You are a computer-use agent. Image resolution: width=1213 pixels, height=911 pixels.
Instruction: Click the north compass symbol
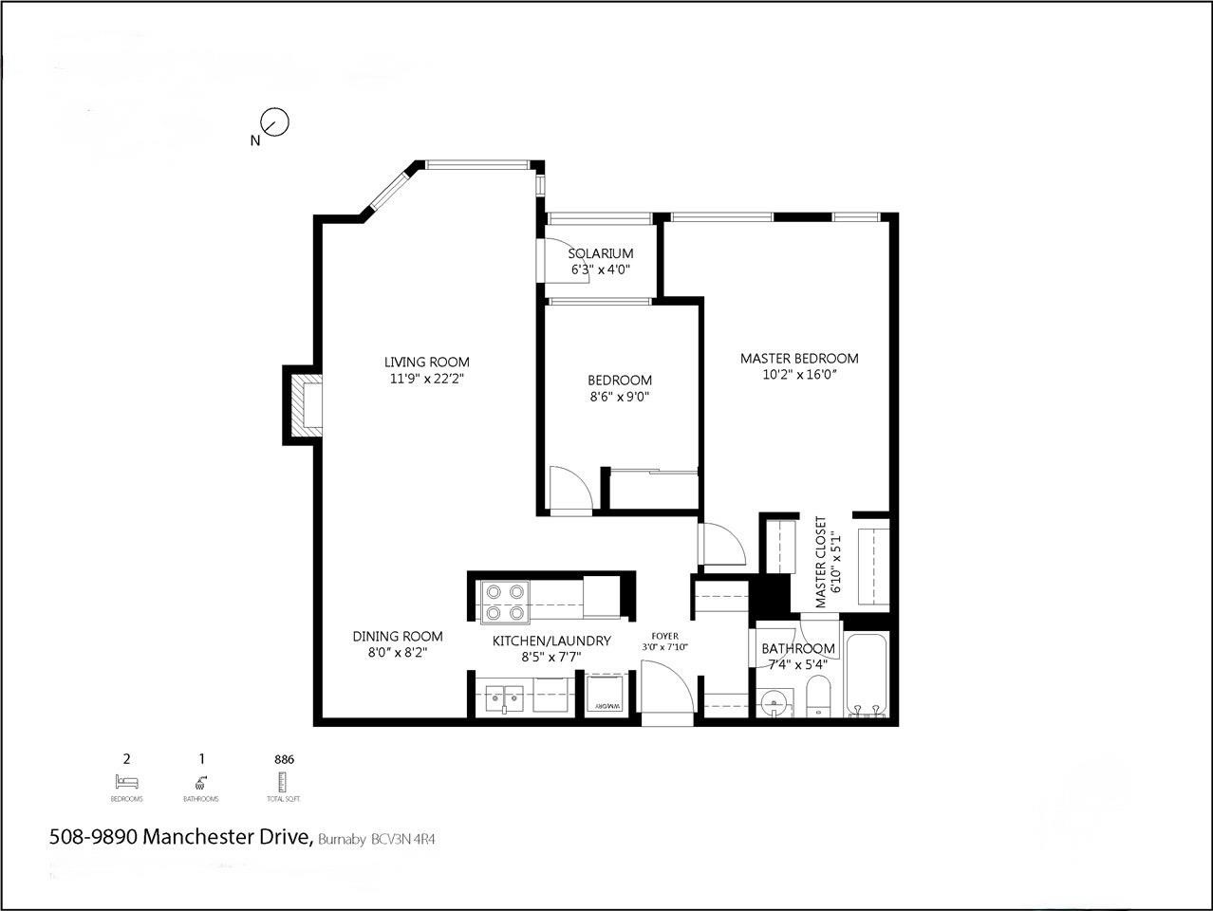pyautogui.click(x=273, y=122)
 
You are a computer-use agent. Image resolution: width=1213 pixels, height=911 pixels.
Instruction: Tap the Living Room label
pyautogui.click(x=426, y=362)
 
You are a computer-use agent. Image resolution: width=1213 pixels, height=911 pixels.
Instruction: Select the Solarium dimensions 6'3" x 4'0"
pyautogui.click(x=601, y=270)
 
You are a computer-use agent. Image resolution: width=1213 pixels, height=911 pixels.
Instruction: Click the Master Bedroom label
pyautogui.click(x=798, y=358)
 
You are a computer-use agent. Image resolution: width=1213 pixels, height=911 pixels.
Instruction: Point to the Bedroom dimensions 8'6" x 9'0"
pyautogui.click(x=619, y=397)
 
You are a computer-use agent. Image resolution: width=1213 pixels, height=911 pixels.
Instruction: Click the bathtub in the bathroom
pyautogui.click(x=867, y=676)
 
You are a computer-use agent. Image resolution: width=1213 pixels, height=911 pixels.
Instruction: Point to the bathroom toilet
pyautogui.click(x=818, y=700)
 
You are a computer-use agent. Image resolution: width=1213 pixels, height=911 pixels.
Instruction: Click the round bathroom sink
pyautogui.click(x=775, y=704)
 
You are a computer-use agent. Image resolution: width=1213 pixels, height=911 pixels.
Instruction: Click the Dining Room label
pyautogui.click(x=397, y=636)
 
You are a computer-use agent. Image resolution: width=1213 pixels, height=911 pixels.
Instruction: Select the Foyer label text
pyautogui.click(x=664, y=636)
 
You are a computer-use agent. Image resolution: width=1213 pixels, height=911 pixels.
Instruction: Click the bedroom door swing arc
pyautogui.click(x=573, y=489)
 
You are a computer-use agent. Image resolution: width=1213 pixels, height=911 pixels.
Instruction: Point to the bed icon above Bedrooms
pyautogui.click(x=126, y=782)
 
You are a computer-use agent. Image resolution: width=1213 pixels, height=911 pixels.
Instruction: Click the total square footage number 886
pyautogui.click(x=283, y=759)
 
